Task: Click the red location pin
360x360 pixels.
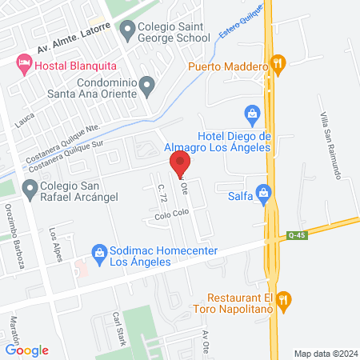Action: (180, 162)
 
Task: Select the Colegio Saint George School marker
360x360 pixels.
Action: (127, 30)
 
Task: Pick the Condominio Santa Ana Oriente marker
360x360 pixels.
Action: (146, 83)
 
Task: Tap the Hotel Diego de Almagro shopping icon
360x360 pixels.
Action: (252, 114)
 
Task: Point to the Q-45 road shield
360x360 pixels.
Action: (295, 235)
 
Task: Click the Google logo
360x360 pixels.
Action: (26, 350)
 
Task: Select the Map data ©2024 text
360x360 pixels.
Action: (324, 353)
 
